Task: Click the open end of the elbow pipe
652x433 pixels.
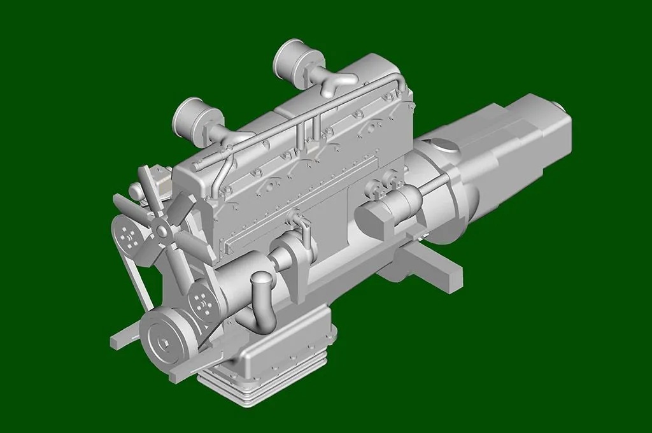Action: [x=261, y=280]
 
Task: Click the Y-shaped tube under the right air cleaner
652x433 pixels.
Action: [x=336, y=83]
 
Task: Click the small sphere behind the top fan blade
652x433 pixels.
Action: [x=135, y=190]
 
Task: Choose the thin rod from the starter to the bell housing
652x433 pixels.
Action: [x=437, y=185]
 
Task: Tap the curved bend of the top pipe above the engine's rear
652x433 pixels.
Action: [x=399, y=80]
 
